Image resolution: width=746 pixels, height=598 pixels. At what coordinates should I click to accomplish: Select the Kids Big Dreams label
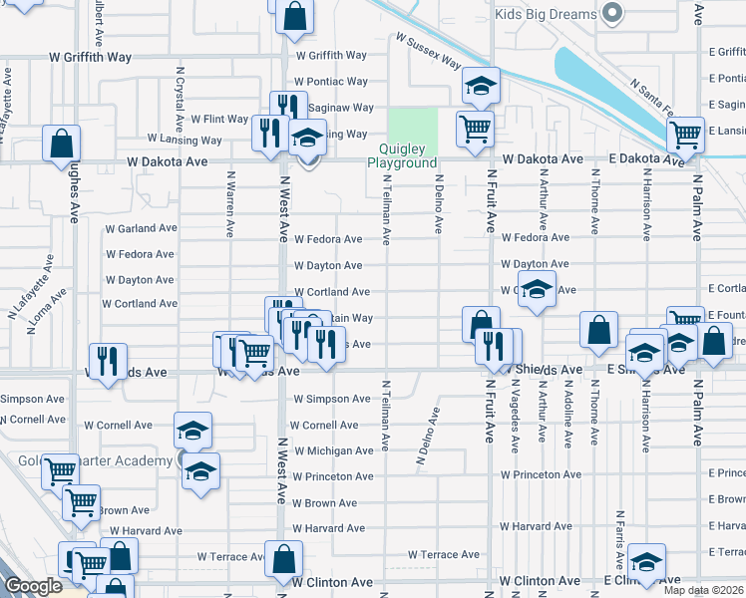546,14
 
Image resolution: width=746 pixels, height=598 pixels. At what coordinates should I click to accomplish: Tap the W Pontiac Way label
332,82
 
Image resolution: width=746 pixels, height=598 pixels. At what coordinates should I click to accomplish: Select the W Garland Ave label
141,228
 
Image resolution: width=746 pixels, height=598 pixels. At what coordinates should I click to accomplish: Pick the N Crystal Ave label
180,100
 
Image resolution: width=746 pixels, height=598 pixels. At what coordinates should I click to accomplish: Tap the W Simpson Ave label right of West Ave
332,399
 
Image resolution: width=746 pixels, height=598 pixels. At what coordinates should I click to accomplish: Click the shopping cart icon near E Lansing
685,134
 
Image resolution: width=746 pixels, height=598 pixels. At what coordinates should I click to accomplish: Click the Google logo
33,586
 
